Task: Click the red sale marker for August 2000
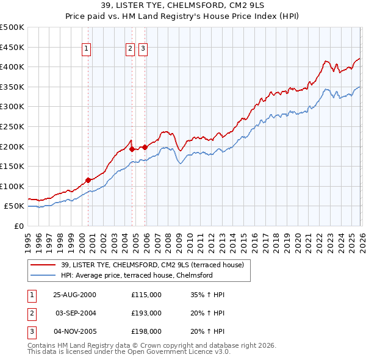click(x=88, y=180)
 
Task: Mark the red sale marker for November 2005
click(x=145, y=146)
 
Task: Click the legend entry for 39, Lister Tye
click(x=152, y=265)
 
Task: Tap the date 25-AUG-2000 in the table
click(x=74, y=295)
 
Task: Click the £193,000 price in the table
click(x=146, y=313)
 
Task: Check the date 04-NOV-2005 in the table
click(x=74, y=331)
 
